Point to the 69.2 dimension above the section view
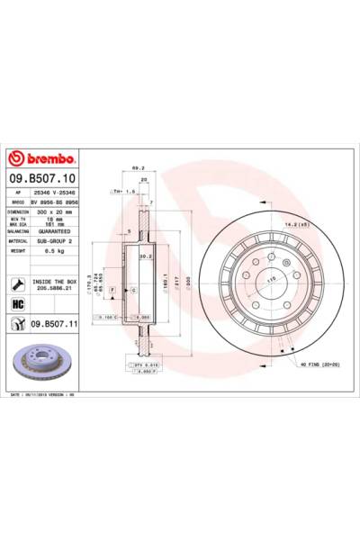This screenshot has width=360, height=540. (138, 168)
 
